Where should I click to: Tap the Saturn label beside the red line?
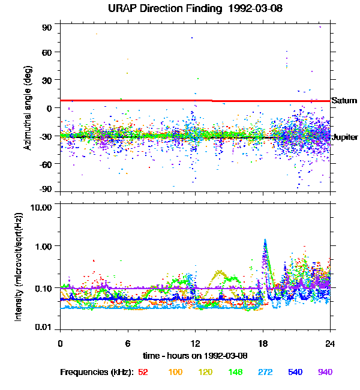pos(344,100)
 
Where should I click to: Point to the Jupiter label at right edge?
pos(345,137)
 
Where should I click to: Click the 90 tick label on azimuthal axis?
pos(47,28)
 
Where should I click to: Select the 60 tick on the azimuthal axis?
pos(47,52)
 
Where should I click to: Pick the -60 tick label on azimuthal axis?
pos(46,164)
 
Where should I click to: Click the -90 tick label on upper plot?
pos(46,189)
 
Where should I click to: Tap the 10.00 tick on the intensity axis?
pos(41,207)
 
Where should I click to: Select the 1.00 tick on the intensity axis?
pos(43,246)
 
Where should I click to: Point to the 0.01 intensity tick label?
pos(43,327)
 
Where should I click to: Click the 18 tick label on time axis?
pos(263,343)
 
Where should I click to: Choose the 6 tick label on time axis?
pos(128,343)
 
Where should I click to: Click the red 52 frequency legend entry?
pos(143,372)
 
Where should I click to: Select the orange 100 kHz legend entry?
pos(175,372)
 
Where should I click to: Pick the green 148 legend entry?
pos(235,372)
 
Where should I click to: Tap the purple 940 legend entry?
pos(325,372)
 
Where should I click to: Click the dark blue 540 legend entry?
pos(295,372)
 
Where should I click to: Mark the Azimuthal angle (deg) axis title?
pos(28,108)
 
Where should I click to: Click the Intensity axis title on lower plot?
pos(19,267)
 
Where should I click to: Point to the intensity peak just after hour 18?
pos(265,240)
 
